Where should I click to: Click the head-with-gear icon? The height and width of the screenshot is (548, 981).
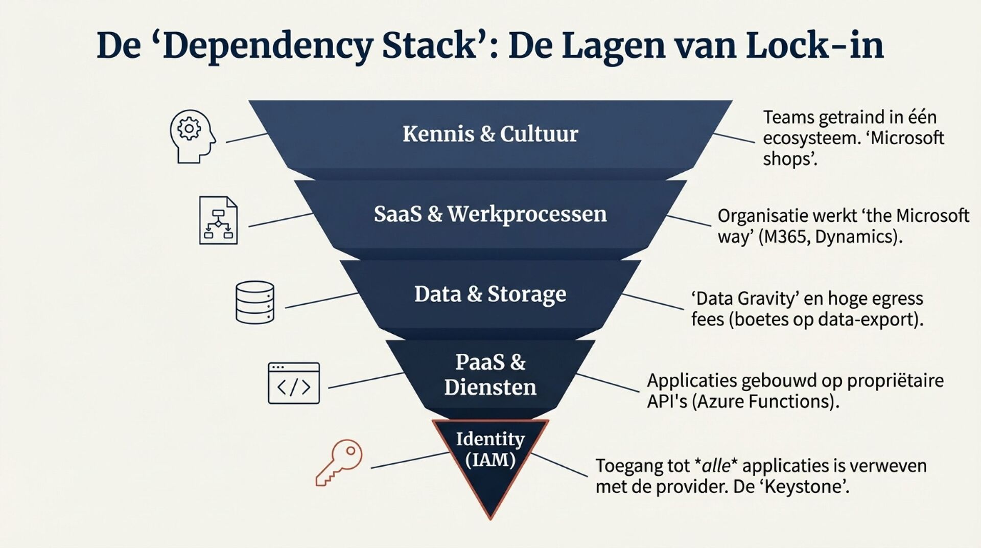(x=192, y=136)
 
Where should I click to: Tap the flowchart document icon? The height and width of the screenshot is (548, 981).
(x=218, y=220)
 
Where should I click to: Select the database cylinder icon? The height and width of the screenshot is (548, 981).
(x=254, y=302)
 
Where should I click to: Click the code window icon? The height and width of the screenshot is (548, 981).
(x=294, y=383)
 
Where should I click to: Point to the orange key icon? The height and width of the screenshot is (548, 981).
(x=340, y=462)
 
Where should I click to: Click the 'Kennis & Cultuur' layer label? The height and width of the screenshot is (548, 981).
(x=490, y=134)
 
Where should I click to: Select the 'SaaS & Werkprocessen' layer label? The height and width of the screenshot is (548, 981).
(x=490, y=214)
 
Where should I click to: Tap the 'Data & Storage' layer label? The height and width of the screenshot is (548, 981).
(x=490, y=294)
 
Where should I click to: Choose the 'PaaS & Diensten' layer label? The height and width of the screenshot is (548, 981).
(x=490, y=375)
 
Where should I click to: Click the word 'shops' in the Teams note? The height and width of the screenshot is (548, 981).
(x=787, y=159)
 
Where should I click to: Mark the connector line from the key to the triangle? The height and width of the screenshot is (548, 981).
(x=410, y=460)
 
